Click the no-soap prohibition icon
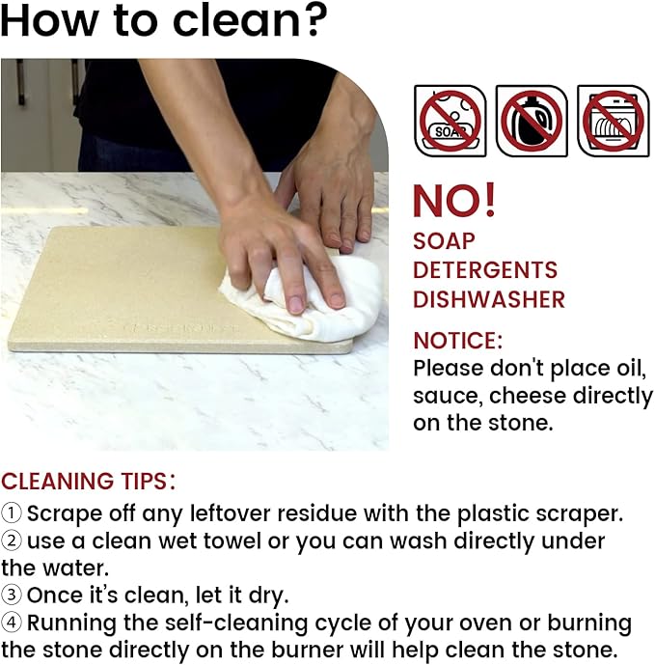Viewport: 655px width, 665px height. coord(450,121)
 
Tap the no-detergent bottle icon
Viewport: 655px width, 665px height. coord(532,121)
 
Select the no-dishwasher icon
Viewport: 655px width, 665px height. coord(613,121)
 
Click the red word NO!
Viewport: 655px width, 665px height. coord(454,201)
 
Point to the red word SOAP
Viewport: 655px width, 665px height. coord(444,241)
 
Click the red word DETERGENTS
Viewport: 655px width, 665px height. coord(485,270)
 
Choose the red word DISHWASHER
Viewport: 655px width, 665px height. coord(489,299)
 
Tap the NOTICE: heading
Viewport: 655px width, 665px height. coord(458,341)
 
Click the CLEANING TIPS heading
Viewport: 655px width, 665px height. coord(88,482)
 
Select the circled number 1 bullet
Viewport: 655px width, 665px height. coord(11,513)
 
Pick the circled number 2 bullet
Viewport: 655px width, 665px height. coord(11,540)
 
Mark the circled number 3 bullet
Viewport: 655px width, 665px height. coord(11,595)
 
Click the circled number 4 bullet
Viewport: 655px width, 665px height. coord(11,623)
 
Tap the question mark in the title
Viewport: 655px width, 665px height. coord(313,20)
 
